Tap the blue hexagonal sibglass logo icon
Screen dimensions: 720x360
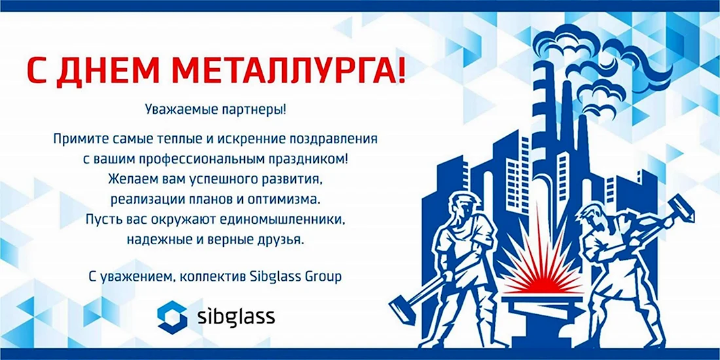coord(172,317)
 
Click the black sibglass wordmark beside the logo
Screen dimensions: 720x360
coord(236,317)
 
